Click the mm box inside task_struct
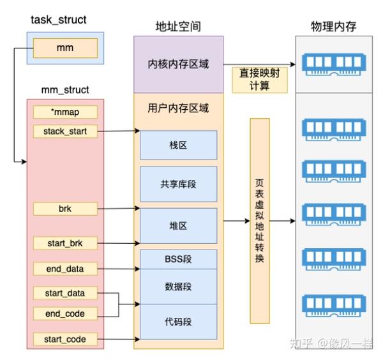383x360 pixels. pos(65,48)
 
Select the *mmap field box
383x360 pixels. pos(65,112)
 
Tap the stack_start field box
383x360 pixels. pos(65,131)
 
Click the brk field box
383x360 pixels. pos(65,208)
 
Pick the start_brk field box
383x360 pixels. pos(65,243)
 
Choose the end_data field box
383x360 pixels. pos(65,268)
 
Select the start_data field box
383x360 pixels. pos(65,294)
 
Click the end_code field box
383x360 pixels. pos(65,313)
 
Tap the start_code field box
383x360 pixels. pos(65,338)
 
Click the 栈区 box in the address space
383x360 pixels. pos(178,145)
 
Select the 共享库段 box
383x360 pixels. pos(178,184)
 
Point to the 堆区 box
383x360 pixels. pos(178,225)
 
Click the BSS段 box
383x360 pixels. pos(178,259)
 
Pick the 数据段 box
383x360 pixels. pos(178,287)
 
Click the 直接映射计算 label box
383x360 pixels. pos(260,79)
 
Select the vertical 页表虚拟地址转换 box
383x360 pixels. pos(260,220)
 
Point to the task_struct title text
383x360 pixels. pos(58,20)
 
